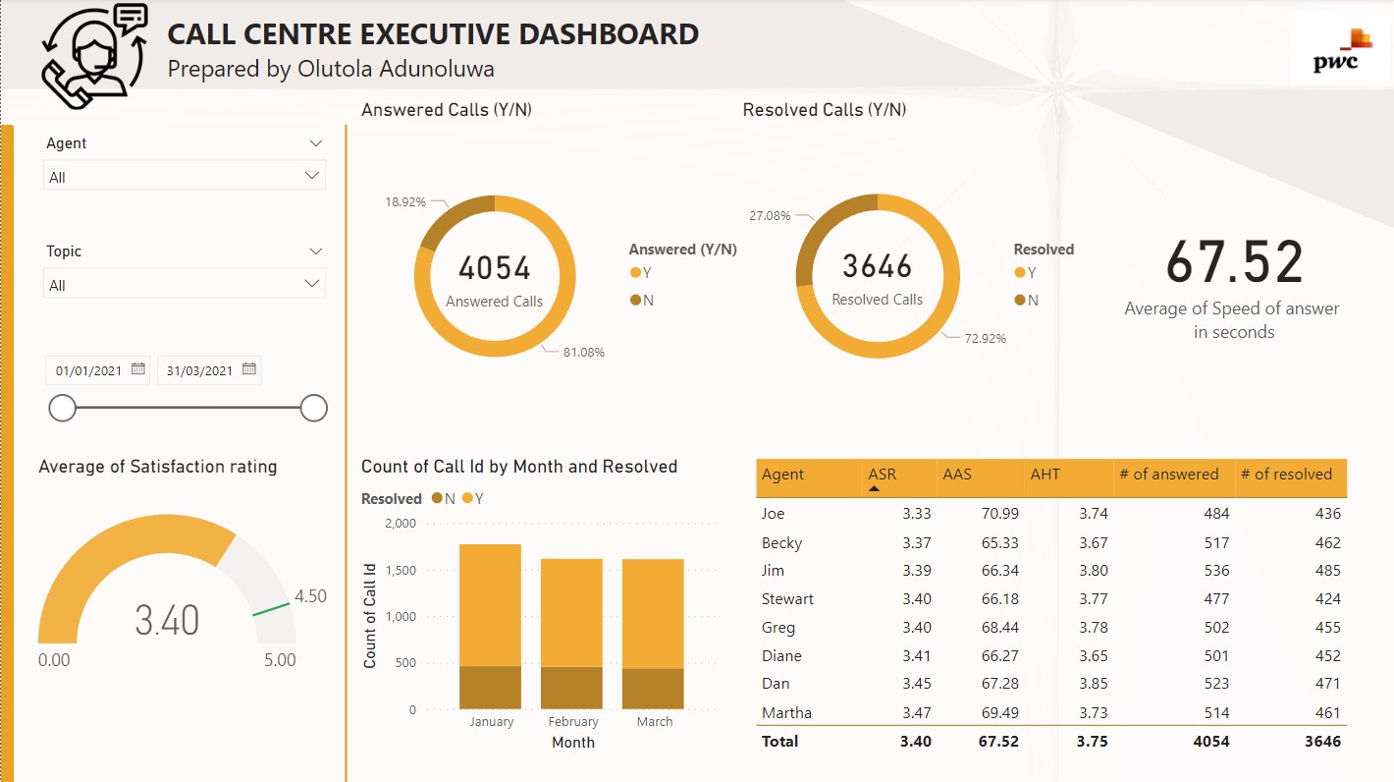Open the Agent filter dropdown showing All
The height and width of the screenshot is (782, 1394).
(x=185, y=177)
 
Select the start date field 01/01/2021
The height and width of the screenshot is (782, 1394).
(x=89, y=370)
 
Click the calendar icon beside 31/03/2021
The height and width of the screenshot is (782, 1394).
(x=249, y=369)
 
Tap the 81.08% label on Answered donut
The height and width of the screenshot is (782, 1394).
(x=584, y=352)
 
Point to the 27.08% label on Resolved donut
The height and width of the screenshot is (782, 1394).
(x=770, y=215)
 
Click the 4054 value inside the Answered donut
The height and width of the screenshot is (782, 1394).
(x=494, y=268)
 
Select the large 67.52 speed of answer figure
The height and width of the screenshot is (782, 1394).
(x=1234, y=263)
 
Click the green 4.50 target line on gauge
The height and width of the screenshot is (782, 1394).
(x=272, y=608)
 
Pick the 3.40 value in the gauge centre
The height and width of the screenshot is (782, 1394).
(x=167, y=621)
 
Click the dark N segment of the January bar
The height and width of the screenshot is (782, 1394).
(x=490, y=688)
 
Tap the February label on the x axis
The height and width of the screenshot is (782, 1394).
(x=573, y=722)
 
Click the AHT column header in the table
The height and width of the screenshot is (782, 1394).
(x=1045, y=475)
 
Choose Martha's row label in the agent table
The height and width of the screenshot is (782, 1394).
(x=786, y=713)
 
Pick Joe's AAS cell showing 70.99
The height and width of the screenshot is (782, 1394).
(x=998, y=513)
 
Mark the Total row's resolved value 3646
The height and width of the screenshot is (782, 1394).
(x=1321, y=742)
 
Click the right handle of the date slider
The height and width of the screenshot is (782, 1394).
(x=314, y=408)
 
